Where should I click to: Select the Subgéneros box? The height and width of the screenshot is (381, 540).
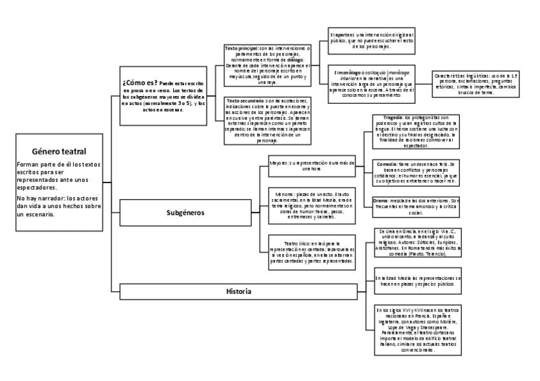[x=181, y=212]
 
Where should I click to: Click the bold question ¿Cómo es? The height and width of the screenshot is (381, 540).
[x=139, y=83]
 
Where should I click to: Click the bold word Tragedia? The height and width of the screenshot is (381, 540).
[x=389, y=117]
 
